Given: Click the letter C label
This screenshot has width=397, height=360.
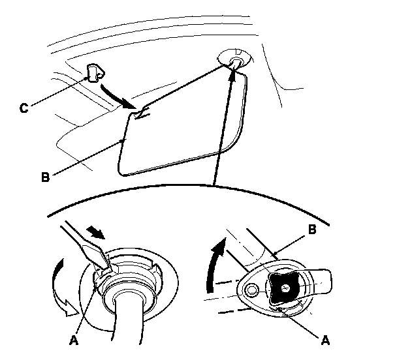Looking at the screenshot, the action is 24,109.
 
